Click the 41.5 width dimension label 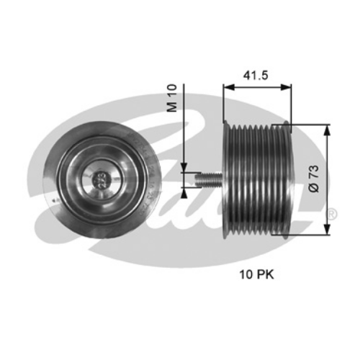coord(256,76)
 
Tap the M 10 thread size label coord(172,98)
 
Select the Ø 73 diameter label coord(314,179)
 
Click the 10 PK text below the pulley coord(256,274)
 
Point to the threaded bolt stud coord(209,179)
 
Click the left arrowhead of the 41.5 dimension coord(228,87)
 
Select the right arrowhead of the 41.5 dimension coord(286,87)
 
